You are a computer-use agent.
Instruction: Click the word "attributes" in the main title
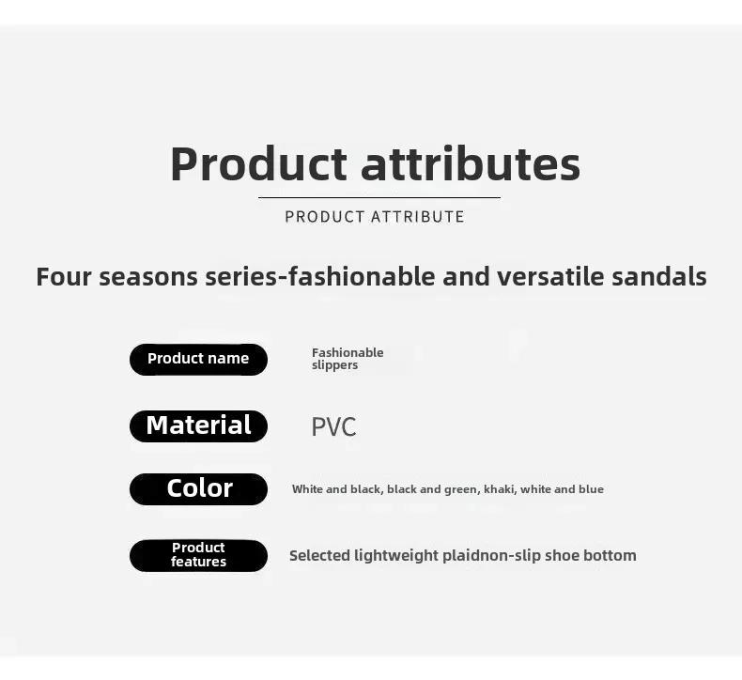tap(471, 163)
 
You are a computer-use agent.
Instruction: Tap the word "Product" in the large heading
tap(259, 163)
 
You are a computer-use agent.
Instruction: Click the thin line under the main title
tap(379, 198)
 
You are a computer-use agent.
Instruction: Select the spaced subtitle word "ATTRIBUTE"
tap(417, 217)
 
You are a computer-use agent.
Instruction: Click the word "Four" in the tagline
tap(64, 277)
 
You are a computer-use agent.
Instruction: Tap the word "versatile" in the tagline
tap(550, 277)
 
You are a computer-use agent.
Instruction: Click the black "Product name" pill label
tap(198, 360)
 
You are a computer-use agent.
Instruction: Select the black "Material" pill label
tap(198, 425)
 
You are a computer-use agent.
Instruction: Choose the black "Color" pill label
tap(198, 488)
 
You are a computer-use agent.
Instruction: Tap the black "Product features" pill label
tap(198, 555)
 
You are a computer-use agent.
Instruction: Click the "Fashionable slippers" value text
tap(348, 359)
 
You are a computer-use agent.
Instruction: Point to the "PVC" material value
tap(333, 426)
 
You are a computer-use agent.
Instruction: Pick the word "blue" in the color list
tap(591, 489)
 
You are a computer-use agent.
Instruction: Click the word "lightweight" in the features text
tap(396, 555)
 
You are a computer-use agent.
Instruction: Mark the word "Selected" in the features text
tap(320, 555)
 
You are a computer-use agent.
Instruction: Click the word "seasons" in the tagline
tap(148, 277)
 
